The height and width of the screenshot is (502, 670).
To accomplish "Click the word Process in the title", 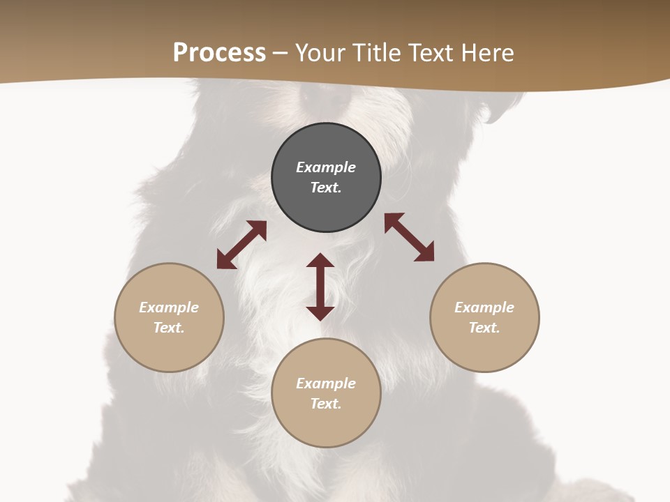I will (x=219, y=53).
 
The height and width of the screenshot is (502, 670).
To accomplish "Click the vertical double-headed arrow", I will (x=320, y=287).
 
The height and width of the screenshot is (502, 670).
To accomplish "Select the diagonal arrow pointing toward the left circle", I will (x=241, y=245).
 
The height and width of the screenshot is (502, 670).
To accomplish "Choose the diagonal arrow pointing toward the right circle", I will (x=409, y=237).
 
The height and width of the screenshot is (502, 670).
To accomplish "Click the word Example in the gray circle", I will (x=326, y=167).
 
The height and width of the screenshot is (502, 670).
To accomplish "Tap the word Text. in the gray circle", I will (x=326, y=188).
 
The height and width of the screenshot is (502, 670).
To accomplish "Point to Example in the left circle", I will (x=169, y=307).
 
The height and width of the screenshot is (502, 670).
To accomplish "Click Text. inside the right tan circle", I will (x=484, y=328).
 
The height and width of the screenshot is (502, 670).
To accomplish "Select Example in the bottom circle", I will (x=326, y=383).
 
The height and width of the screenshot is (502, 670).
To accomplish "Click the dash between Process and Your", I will (x=281, y=54).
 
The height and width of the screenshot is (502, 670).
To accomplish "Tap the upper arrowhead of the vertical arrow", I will (x=320, y=261).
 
